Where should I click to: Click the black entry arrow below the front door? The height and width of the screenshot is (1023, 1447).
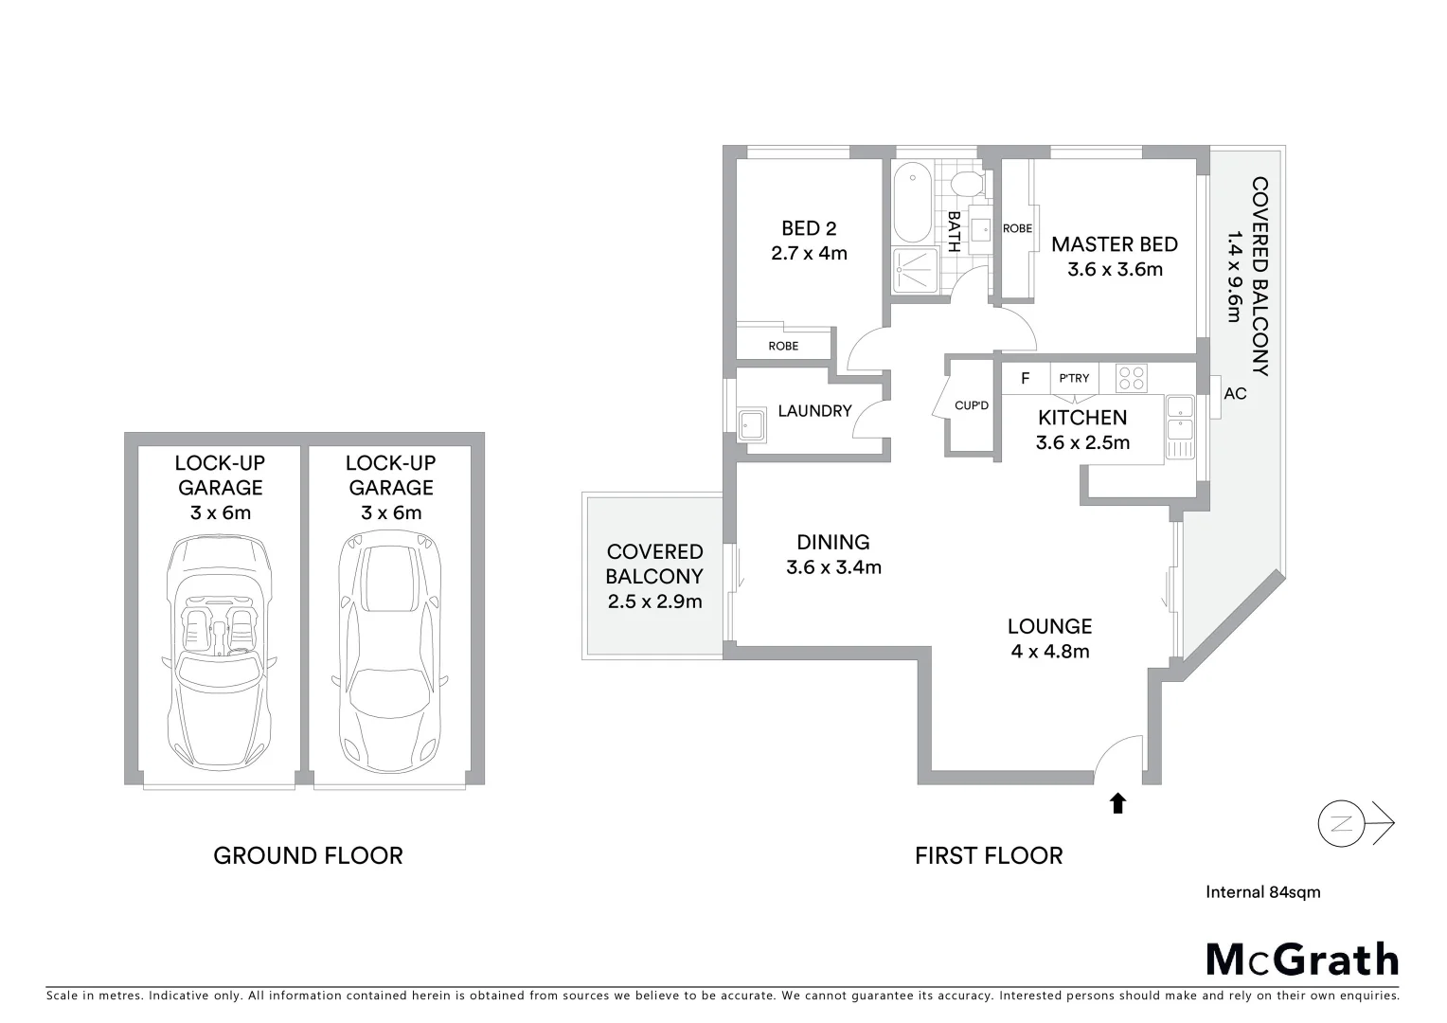1117,803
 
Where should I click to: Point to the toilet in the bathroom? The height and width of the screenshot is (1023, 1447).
969,184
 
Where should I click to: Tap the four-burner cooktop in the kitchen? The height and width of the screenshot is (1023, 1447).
1131,378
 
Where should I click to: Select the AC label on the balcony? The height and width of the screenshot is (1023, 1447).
1235,393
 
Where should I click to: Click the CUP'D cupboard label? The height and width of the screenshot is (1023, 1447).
972,406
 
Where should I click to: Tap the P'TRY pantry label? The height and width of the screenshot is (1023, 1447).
1074,379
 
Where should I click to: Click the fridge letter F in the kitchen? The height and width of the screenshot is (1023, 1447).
1025,379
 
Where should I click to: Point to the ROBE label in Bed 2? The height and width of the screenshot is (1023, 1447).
783,346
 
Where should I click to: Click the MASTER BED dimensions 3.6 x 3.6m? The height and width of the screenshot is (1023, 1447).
1115,269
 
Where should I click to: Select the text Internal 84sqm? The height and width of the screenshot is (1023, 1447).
1262,891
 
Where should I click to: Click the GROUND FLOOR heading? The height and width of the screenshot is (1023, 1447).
308,855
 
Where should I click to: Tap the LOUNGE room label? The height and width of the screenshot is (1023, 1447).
1049,626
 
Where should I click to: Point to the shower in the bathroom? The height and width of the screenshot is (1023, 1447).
914,270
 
